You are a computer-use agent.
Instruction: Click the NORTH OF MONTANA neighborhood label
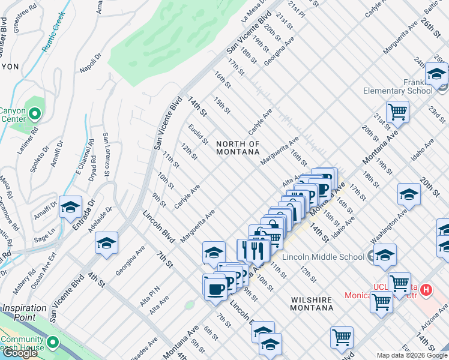[x=238, y=148]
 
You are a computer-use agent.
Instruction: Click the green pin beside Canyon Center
[x=35, y=113]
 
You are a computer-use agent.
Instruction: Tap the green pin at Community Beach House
[x=53, y=343]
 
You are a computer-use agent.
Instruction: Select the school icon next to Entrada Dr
[x=70, y=208]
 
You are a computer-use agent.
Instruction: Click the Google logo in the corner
[x=20, y=353]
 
